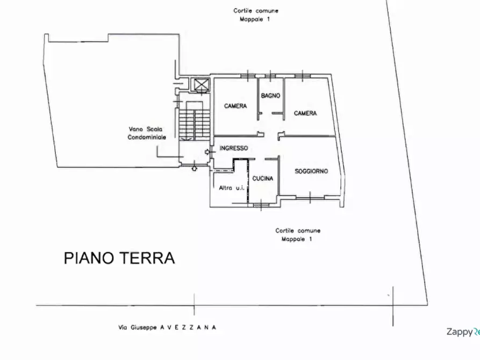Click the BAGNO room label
click(270, 96)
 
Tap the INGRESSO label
click(234, 148)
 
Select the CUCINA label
click(263, 178)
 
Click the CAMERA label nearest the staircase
click(235, 106)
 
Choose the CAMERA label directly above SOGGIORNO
click(305, 113)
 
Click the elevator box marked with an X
click(202, 85)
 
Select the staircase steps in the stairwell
click(191, 124)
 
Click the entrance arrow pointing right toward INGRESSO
click(208, 153)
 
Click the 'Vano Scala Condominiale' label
click(147, 133)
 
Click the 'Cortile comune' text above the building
click(256, 10)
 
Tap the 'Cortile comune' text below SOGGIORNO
click(298, 231)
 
